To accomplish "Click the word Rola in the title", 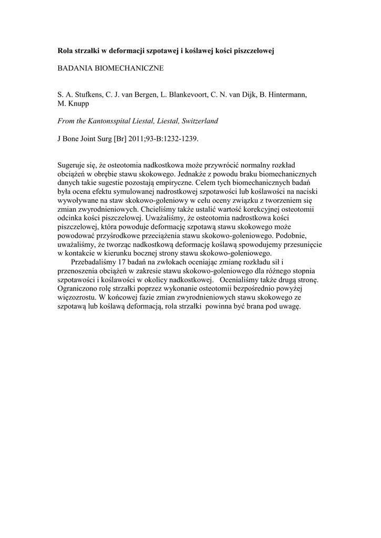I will [x=65, y=51].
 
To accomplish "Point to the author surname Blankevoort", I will [x=187, y=95].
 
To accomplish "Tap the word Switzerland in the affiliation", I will [x=200, y=121].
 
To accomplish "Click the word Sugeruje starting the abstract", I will [x=71, y=165].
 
